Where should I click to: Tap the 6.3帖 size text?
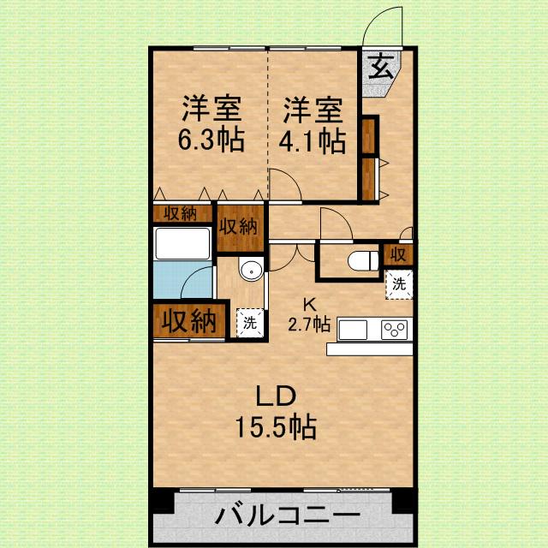coord(211,140)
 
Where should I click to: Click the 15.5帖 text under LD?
coord(277,426)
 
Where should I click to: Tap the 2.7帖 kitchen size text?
coord(309,324)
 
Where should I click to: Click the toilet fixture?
coord(364,259)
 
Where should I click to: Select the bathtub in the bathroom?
coord(182,246)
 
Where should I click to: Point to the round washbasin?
coord(251,271)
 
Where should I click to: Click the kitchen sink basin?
coord(354,329)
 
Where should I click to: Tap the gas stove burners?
coord(396,329)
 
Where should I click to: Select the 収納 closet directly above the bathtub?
coord(182,214)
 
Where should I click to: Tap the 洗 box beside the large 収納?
coord(249,323)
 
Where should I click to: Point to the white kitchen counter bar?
coord(369,348)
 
